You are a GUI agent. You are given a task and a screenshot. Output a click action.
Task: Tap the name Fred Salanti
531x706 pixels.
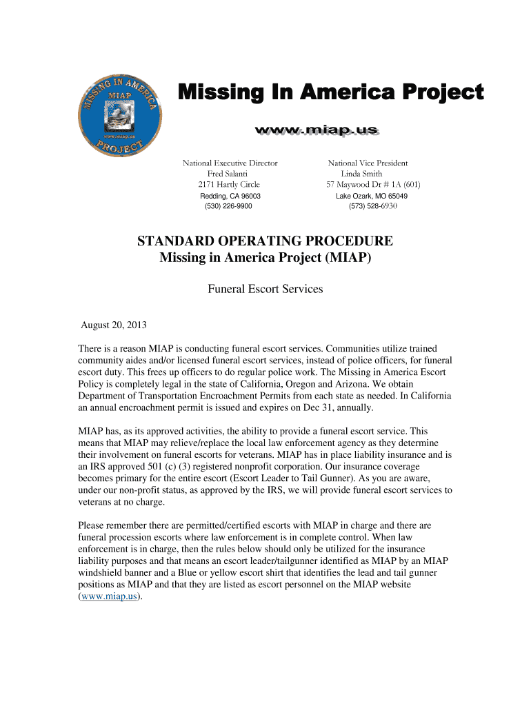pyautogui.click(x=230, y=174)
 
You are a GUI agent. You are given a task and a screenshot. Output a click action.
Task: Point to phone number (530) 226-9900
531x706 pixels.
pyautogui.click(x=229, y=206)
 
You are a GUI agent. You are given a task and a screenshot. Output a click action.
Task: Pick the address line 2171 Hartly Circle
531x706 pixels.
pyautogui.click(x=229, y=185)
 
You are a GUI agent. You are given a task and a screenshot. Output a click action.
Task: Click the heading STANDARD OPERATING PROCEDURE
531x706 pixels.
pyautogui.click(x=265, y=241)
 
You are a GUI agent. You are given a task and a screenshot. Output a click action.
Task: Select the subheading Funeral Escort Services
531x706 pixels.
pyautogui.click(x=265, y=289)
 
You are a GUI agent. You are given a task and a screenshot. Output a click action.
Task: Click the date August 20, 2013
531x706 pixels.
pyautogui.click(x=114, y=325)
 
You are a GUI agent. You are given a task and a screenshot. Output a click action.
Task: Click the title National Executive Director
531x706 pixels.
pyautogui.click(x=230, y=163)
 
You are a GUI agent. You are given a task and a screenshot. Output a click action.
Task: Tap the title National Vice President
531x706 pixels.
pyautogui.click(x=368, y=163)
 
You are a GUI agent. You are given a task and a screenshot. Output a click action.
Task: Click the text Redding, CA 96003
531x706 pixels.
pyautogui.click(x=230, y=196)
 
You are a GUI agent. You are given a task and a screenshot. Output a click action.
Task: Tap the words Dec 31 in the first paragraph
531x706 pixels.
pyautogui.click(x=320, y=407)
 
